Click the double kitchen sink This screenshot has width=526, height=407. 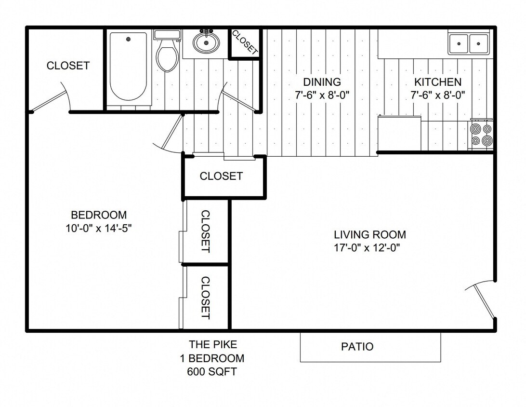[x=469, y=44]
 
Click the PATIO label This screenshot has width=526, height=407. [x=357, y=346]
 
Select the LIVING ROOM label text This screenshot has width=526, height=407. [x=370, y=235]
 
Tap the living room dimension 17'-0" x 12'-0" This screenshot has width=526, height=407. [x=368, y=248]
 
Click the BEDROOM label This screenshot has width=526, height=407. [x=99, y=215]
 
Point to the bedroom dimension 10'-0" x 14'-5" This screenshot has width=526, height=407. [x=99, y=229]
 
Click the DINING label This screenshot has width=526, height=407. [x=322, y=82]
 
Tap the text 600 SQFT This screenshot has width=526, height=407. [x=212, y=372]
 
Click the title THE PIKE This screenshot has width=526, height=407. [x=212, y=344]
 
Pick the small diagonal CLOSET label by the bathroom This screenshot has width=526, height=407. [x=245, y=42]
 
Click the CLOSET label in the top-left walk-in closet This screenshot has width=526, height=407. [x=68, y=66]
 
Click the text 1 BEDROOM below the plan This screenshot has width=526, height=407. [x=212, y=358]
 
